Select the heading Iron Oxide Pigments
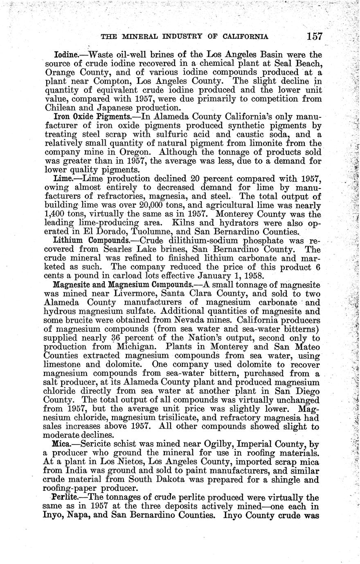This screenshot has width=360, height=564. (x=84, y=116)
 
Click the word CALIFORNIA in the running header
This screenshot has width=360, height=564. (x=246, y=36)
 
